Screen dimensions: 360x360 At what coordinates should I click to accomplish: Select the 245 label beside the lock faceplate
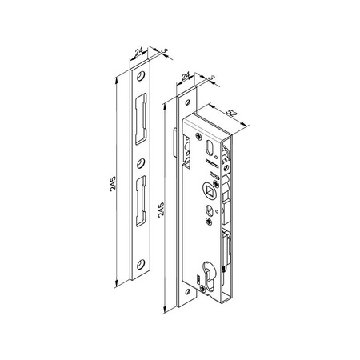coord(162,212)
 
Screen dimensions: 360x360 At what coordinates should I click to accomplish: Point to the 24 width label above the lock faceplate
coord(186,77)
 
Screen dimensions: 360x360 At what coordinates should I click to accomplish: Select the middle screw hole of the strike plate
coord(141,169)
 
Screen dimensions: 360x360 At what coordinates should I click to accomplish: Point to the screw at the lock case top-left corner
coord(191,136)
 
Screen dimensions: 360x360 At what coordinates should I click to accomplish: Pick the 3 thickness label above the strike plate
coord(163,52)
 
